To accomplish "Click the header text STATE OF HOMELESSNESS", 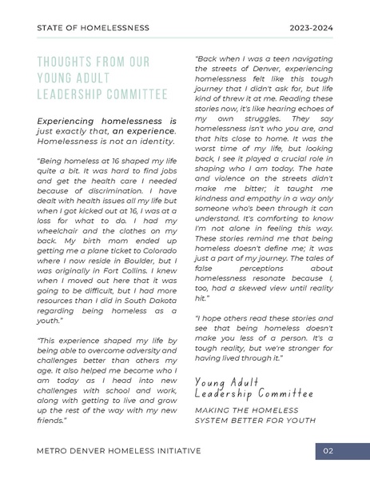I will point(93,28).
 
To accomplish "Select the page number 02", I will point(328,451).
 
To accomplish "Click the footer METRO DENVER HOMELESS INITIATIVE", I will point(119,451).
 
